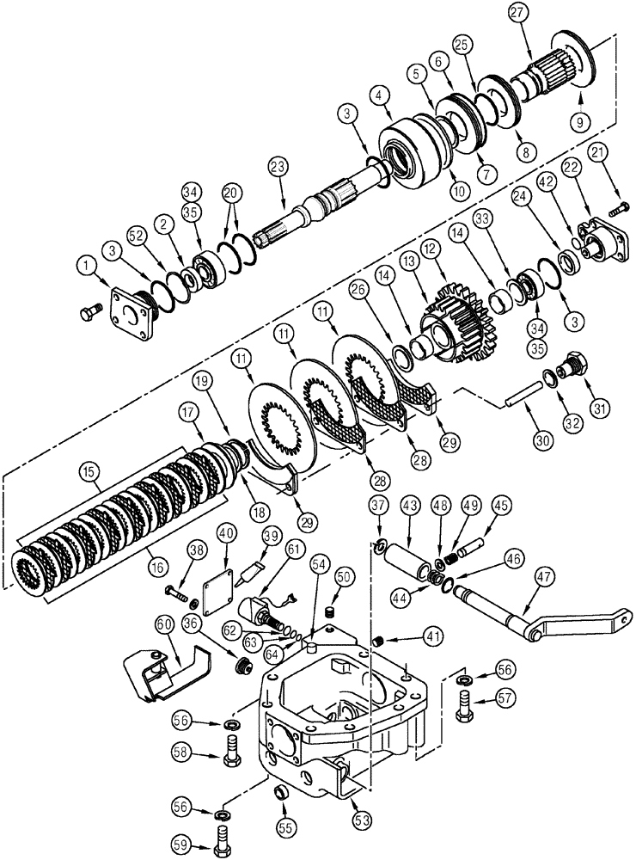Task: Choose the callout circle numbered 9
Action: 584,123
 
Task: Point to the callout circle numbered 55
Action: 284,827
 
